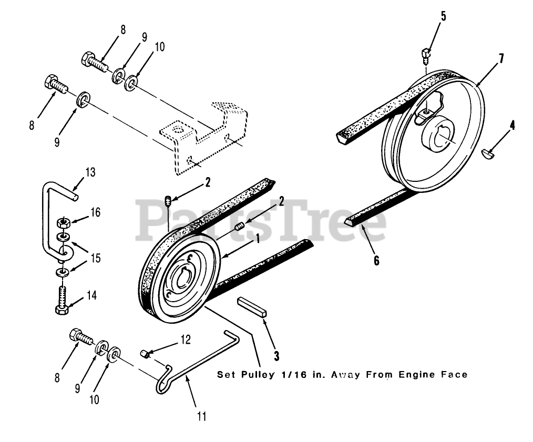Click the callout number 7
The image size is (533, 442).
pyautogui.click(x=501, y=58)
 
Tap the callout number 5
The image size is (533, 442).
pyautogui.click(x=443, y=16)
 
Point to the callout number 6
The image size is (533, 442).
pyautogui.click(x=376, y=261)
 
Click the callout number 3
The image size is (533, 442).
pyautogui.click(x=276, y=355)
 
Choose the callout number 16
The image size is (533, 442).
pyautogui.click(x=95, y=212)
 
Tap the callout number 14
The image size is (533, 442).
pyautogui.click(x=91, y=295)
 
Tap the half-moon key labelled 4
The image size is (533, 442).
pyautogui.click(x=488, y=153)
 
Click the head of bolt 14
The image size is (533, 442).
pyautogui.click(x=61, y=309)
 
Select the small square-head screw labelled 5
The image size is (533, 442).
pyautogui.click(x=426, y=53)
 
